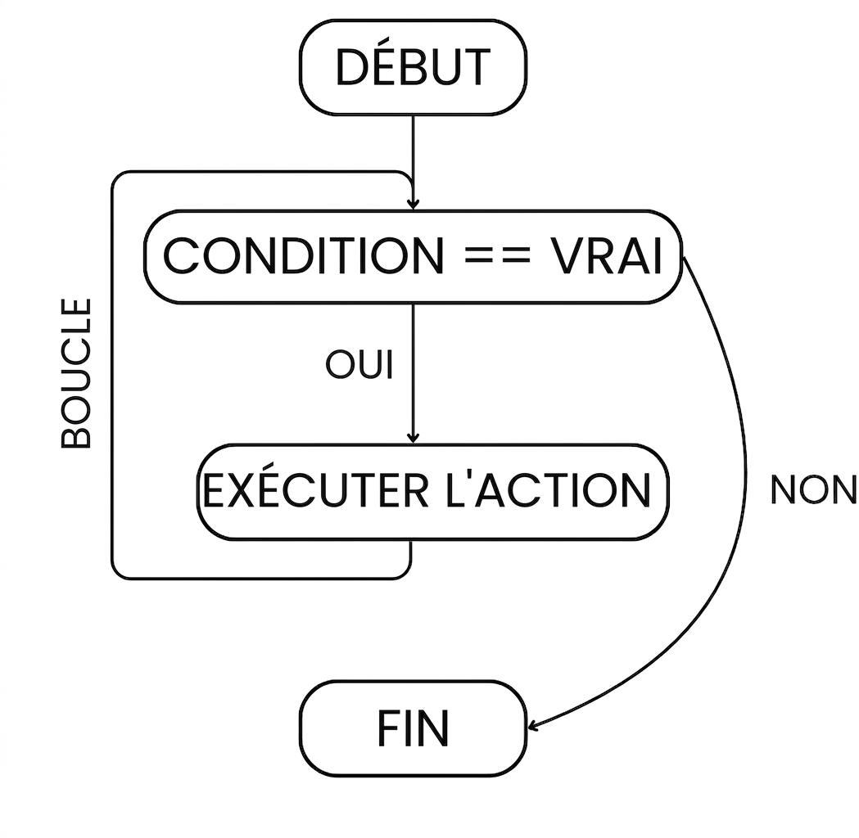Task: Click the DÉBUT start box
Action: [x=413, y=67]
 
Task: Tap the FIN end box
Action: [x=413, y=728]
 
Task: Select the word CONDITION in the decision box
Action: [x=304, y=256]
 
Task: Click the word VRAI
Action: [x=607, y=256]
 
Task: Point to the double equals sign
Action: [x=497, y=256]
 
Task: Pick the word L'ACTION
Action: [x=549, y=490]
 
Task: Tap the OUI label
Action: [x=359, y=364]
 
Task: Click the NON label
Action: [x=813, y=489]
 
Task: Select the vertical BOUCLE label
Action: [x=75, y=373]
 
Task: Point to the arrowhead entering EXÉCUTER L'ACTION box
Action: [x=413, y=438]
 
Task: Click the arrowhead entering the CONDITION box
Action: [x=413, y=204]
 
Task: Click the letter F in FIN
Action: [x=389, y=728]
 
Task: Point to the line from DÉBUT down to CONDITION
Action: [x=413, y=162]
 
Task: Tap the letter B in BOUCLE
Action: [x=75, y=435]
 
